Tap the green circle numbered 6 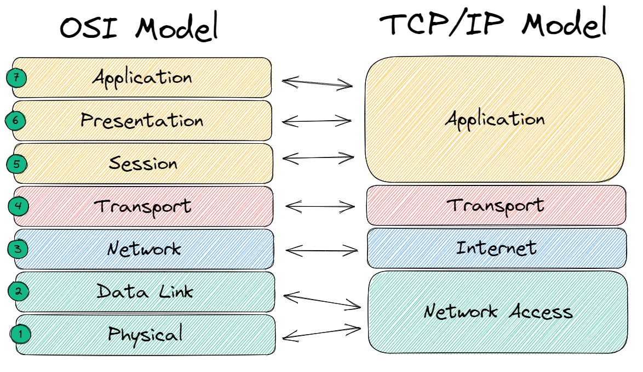coord(15,121)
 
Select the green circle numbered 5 coord(16,164)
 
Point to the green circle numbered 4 coord(18,207)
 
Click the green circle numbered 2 coord(18,291)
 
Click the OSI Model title coord(139,27)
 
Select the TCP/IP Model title coord(493,25)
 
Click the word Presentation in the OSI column coord(142,120)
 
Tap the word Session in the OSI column coord(143,163)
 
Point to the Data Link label coord(145,291)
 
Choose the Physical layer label coord(145,334)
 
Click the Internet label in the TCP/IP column coord(496,248)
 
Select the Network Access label coord(498,312)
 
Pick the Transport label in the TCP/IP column coord(496,206)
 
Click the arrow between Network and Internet coord(321,251)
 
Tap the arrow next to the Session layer coord(318,158)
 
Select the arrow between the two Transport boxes coord(320,207)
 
